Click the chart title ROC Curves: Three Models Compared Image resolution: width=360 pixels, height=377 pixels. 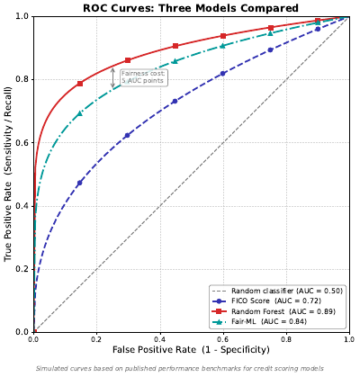coord(191,8)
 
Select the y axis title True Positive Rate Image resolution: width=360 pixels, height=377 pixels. coord(8,174)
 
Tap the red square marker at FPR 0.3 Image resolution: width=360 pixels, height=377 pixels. coord(128,60)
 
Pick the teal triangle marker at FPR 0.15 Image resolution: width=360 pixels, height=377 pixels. coord(80,113)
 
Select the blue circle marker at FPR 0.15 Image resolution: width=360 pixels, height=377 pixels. coord(80,183)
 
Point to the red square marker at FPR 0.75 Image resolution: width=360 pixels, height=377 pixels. coord(270,28)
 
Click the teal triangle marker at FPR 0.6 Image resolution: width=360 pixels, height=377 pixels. coord(222,45)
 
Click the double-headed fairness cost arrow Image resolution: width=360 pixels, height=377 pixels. coord(113,78)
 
